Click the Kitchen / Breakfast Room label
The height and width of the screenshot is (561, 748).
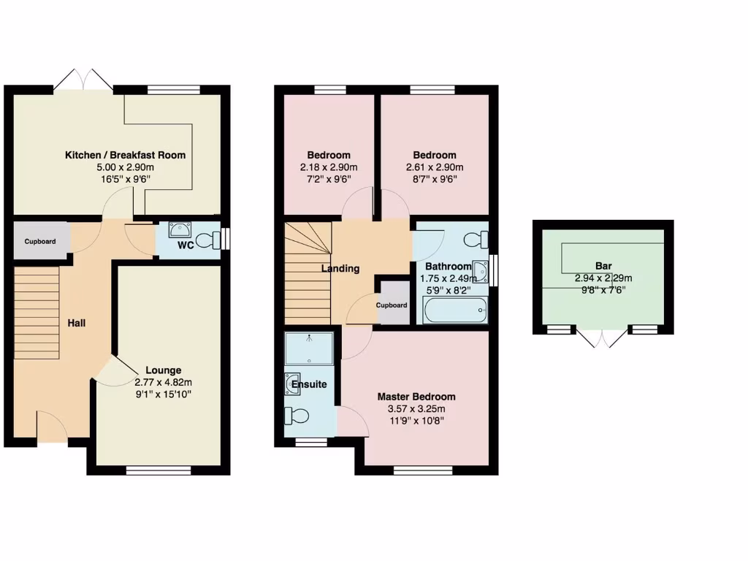[125, 155]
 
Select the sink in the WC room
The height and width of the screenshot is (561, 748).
[178, 229]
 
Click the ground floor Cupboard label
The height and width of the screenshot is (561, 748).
[40, 241]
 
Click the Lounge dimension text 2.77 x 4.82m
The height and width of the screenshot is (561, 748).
[163, 382]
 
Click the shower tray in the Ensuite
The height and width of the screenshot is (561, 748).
[310, 348]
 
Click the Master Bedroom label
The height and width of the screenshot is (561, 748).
[416, 397]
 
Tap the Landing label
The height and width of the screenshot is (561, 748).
[340, 268]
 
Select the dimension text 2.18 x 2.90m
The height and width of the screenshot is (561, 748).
[328, 167]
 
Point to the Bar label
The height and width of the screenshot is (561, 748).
[603, 266]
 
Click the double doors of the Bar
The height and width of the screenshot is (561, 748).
[603, 337]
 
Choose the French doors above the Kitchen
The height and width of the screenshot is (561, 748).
[83, 80]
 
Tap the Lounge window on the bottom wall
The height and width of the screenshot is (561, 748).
[159, 470]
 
